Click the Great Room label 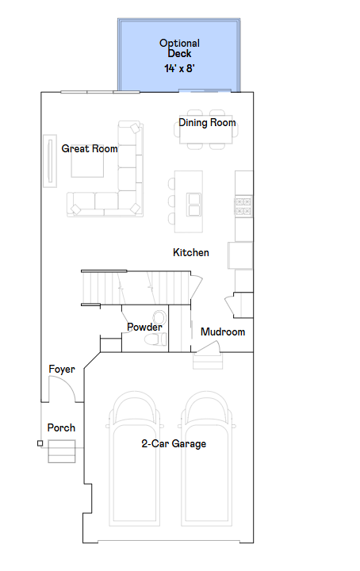90,148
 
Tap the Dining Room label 207,123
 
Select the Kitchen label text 191,252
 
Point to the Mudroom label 223,331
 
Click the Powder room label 144,327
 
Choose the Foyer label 62,370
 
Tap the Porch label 61,427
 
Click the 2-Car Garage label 174,443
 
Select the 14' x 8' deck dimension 179,68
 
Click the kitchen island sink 193,205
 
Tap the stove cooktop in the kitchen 243,206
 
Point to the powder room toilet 155,339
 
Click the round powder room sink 159,317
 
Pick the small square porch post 40,443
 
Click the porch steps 62,451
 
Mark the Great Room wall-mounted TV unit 50,161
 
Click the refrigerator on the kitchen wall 240,255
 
